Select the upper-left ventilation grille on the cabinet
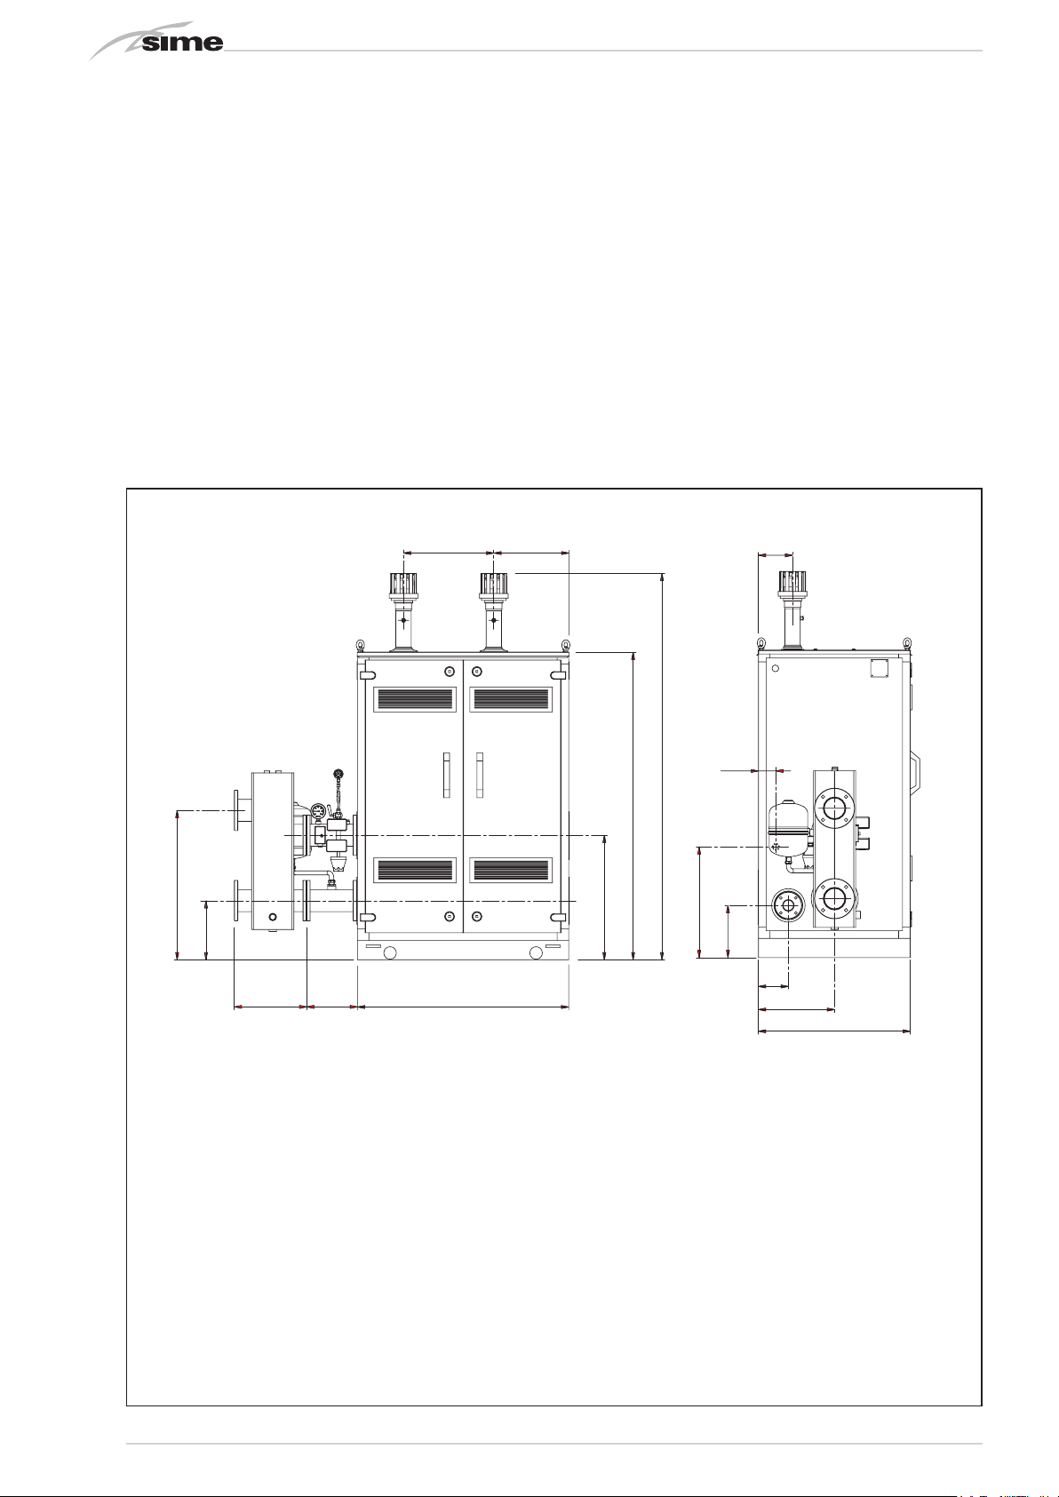(x=415, y=699)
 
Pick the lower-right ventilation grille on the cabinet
(x=511, y=870)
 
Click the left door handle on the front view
(x=447, y=776)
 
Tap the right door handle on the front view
(x=479, y=776)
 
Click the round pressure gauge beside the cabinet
(x=318, y=811)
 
